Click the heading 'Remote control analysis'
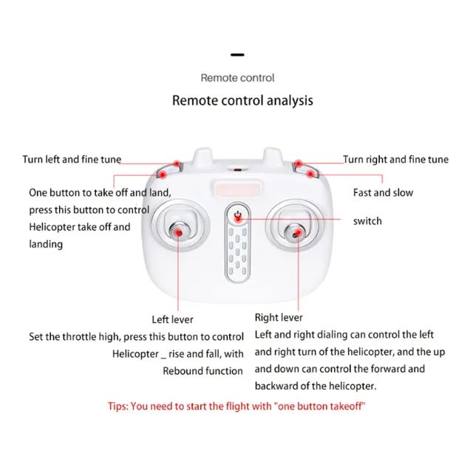[x=242, y=101]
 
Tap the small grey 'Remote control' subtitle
[x=238, y=78]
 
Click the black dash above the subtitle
[x=237, y=55]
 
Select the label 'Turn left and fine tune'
[x=72, y=160]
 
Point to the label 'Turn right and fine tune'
[x=396, y=160]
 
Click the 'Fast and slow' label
[x=383, y=192]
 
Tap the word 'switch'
[x=367, y=221]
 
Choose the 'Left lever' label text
[x=172, y=319]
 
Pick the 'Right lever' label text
[x=279, y=317]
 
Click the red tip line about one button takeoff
[x=236, y=406]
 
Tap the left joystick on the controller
[x=179, y=231]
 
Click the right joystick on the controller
[x=296, y=233]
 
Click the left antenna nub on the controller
[x=203, y=156]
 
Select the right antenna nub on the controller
[x=272, y=156]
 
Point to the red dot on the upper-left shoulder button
[x=177, y=164]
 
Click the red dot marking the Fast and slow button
[x=310, y=174]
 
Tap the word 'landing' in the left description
[x=46, y=244]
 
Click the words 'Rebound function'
[x=203, y=371]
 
